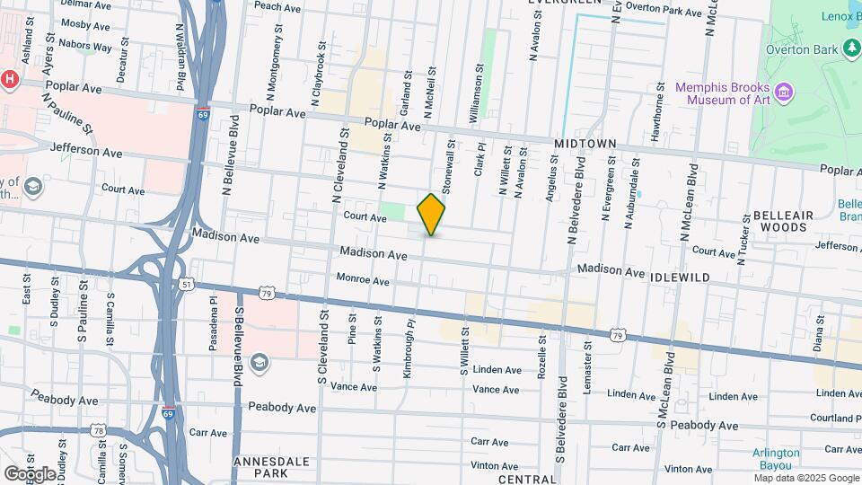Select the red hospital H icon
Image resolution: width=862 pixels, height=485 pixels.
coord(10,79)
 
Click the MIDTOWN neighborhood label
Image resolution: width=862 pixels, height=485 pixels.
coord(585,144)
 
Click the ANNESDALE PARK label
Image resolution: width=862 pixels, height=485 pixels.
coord(271,467)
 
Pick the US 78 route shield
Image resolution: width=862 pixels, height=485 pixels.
coord(97,432)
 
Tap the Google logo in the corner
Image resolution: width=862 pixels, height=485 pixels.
coord(30,473)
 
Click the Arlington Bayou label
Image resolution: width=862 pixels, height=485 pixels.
coord(776,458)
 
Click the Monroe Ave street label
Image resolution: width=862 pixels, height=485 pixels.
coord(362,281)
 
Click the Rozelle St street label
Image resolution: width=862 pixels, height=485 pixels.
coord(541,356)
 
